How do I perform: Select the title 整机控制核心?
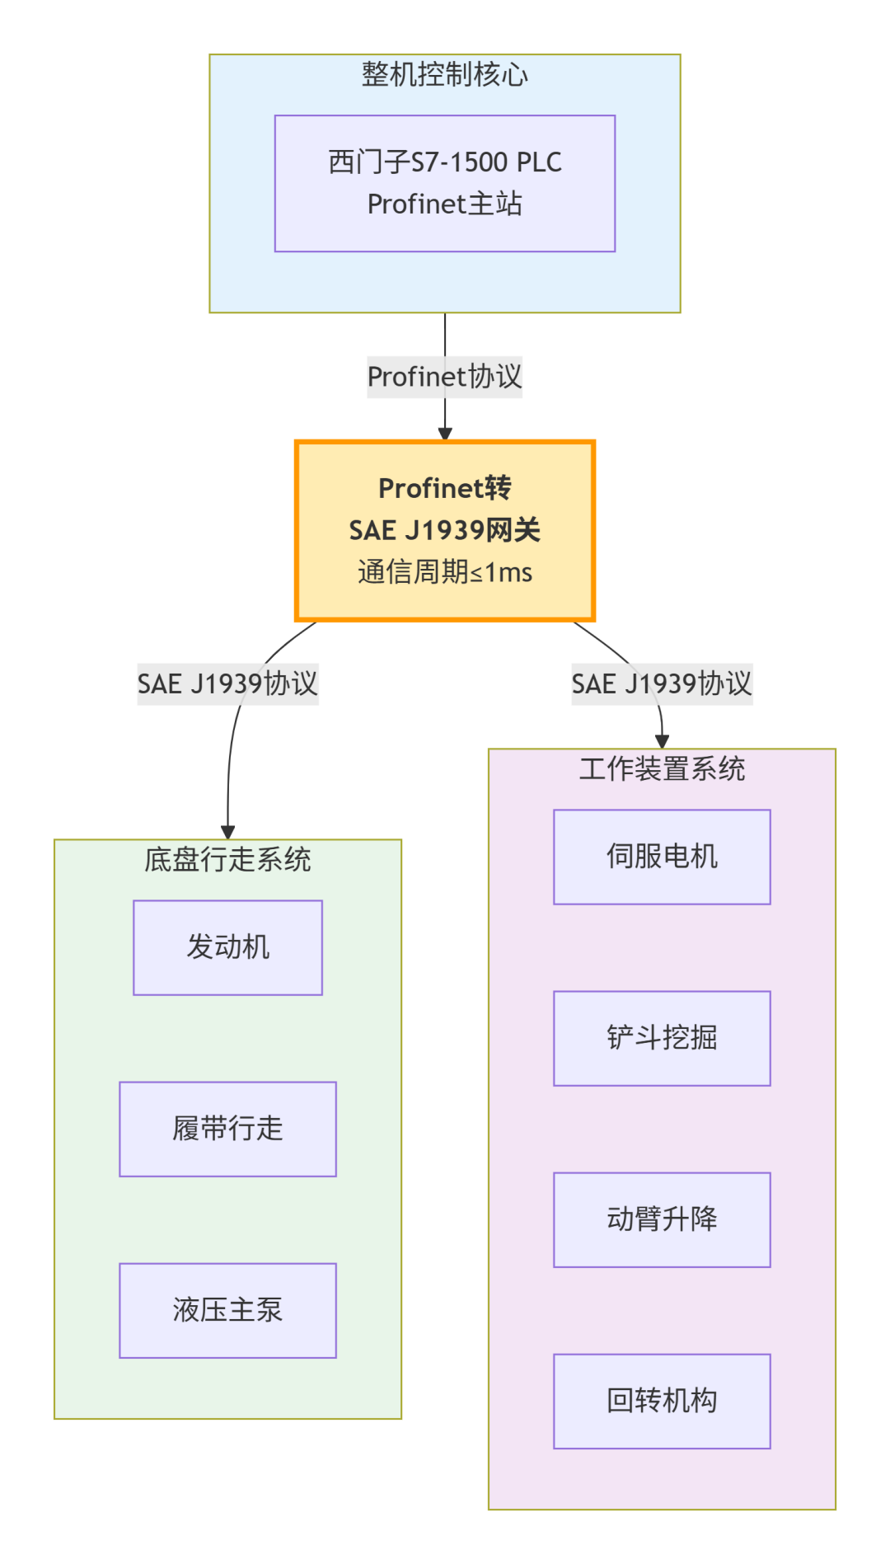(x=444, y=75)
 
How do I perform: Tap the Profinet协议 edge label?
(x=444, y=377)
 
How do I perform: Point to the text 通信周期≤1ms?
(x=444, y=572)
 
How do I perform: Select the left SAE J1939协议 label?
(x=227, y=683)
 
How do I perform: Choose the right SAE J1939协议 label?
(x=662, y=683)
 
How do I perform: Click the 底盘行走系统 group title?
(x=227, y=860)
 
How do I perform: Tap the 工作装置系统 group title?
(x=662, y=769)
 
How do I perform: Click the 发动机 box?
(x=227, y=947)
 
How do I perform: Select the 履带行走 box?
(x=227, y=1129)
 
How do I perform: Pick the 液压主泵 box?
(x=227, y=1310)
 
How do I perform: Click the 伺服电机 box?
(x=662, y=857)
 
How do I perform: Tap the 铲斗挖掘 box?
(x=662, y=1038)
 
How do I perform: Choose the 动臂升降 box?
(x=662, y=1219)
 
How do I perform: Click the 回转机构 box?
(x=662, y=1401)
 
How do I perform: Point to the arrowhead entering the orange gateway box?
(x=445, y=434)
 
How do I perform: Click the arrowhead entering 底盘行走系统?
(x=228, y=833)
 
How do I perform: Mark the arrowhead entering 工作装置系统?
(x=662, y=742)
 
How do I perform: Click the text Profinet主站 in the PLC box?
(x=444, y=204)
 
